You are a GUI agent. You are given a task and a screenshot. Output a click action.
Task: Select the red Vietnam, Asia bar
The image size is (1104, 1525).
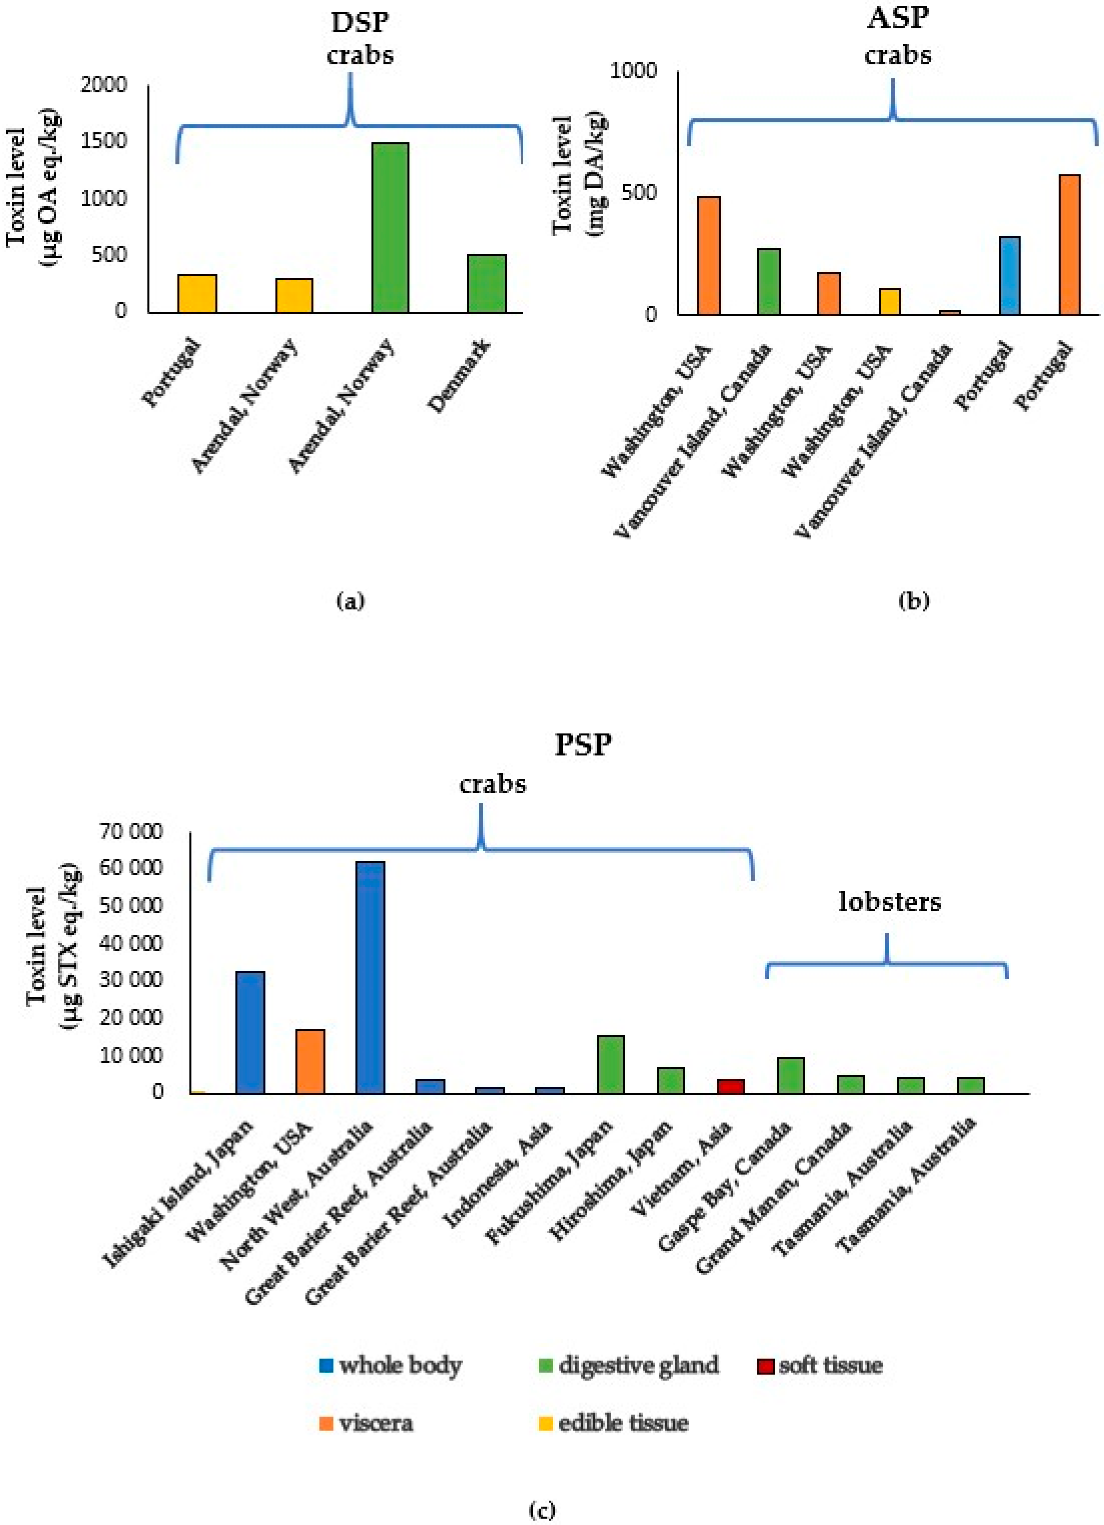(x=730, y=1085)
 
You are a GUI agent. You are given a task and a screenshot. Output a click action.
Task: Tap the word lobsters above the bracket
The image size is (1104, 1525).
(x=889, y=902)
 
